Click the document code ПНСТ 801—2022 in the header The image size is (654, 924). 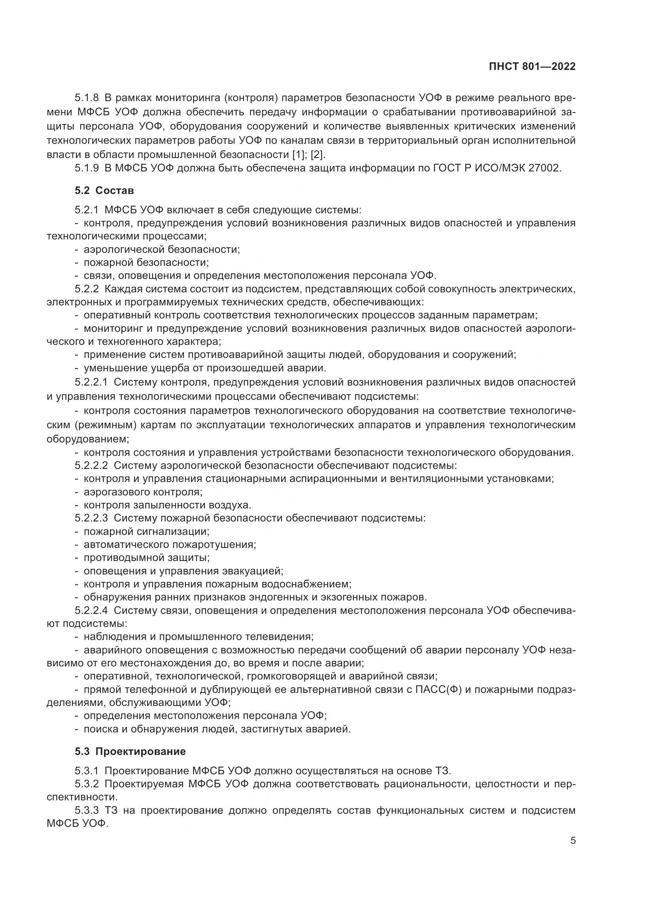[x=532, y=66]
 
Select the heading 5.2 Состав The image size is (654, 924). [x=104, y=190]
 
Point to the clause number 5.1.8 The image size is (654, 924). [x=87, y=98]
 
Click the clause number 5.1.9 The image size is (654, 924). [x=87, y=168]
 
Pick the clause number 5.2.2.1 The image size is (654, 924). [x=91, y=382]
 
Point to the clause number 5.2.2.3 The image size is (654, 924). [x=91, y=518]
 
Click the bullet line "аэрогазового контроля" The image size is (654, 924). [x=143, y=492]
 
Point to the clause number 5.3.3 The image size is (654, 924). [x=87, y=810]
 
